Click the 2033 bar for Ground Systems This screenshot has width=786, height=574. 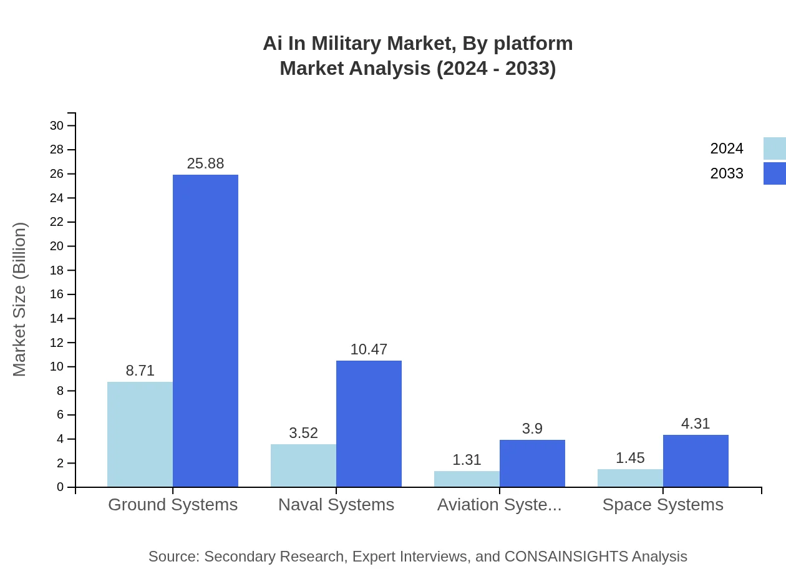pyautogui.click(x=205, y=331)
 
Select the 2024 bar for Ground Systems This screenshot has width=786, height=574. pyautogui.click(x=140, y=434)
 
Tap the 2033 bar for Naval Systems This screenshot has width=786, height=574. pyautogui.click(x=369, y=424)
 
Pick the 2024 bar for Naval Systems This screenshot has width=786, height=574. pyautogui.click(x=303, y=465)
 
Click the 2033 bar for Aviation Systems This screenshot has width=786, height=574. pyautogui.click(x=532, y=464)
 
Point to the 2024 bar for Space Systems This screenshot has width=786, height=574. pyautogui.click(x=630, y=478)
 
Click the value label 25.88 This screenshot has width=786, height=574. pyautogui.click(x=205, y=163)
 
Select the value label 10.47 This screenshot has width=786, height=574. pyautogui.click(x=369, y=349)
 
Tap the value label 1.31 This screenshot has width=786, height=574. pyautogui.click(x=467, y=460)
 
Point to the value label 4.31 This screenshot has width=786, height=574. pyautogui.click(x=696, y=424)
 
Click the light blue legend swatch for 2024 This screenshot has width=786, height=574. pyautogui.click(x=774, y=148)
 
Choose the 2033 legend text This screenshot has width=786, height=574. pyautogui.click(x=727, y=173)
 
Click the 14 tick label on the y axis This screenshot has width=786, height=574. pyautogui.click(x=57, y=319)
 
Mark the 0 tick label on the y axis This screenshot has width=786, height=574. pyautogui.click(x=61, y=487)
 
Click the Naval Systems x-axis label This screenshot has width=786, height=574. pyautogui.click(x=336, y=505)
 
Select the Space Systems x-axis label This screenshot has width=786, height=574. pyautogui.click(x=662, y=505)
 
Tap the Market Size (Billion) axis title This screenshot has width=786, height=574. pyautogui.click(x=20, y=299)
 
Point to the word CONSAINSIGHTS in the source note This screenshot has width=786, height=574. pyautogui.click(x=566, y=557)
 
